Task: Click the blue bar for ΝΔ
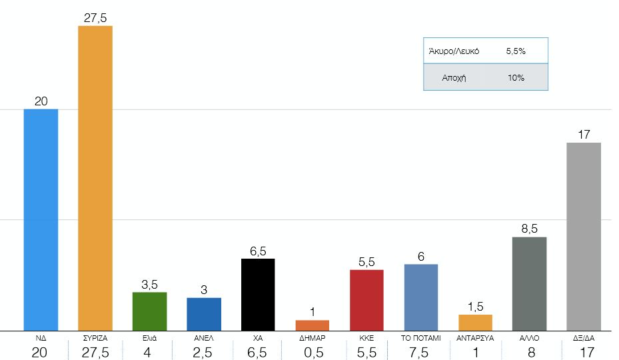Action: [41, 219]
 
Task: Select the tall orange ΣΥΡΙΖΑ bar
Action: [95, 177]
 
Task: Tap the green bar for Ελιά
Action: [149, 311]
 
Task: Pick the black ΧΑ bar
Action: [258, 294]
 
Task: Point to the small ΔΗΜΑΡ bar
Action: [312, 325]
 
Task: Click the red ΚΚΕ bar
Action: [366, 299]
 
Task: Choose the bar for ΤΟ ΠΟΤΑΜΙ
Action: [421, 297]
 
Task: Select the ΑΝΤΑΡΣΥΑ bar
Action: [475, 322]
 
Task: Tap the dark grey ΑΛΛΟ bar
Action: [530, 283]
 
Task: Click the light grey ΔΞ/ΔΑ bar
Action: [584, 236]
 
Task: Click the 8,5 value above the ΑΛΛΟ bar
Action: [530, 229]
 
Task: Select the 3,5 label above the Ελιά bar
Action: [149, 284]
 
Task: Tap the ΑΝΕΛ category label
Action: [204, 338]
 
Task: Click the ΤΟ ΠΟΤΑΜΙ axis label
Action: [421, 338]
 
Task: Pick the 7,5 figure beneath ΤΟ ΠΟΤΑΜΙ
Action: [421, 351]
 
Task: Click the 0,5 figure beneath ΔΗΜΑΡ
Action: [312, 351]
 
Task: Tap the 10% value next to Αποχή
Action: [516, 77]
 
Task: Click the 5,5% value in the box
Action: [516, 51]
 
